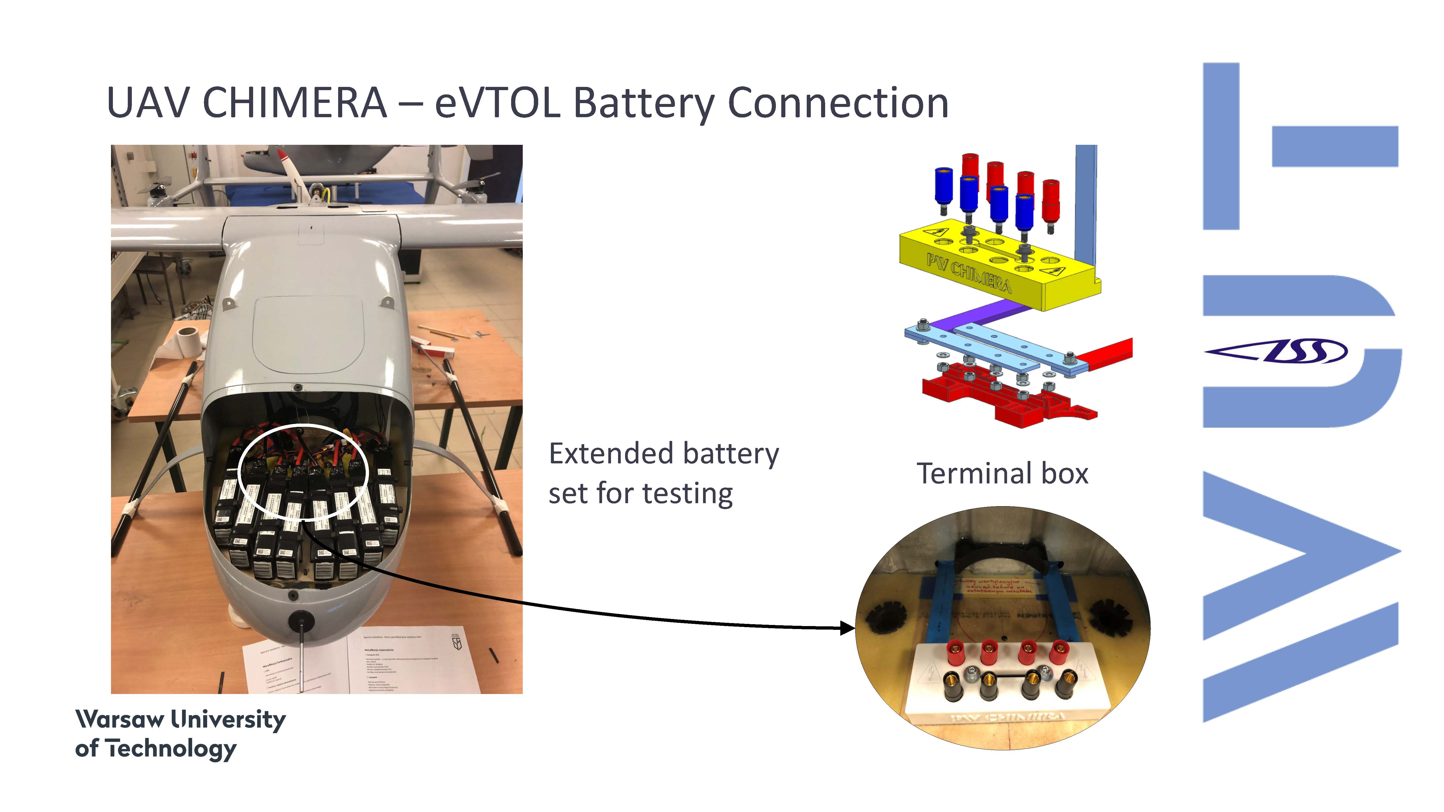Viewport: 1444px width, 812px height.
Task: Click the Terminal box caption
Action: pyautogui.click(x=1002, y=473)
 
